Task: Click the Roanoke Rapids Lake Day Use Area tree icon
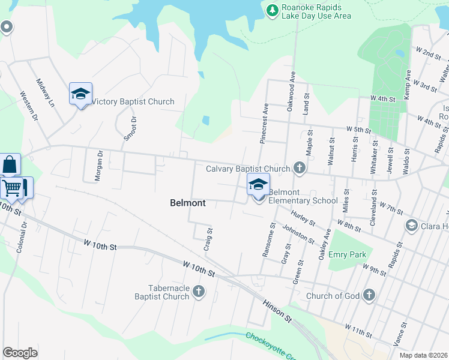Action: (x=272, y=10)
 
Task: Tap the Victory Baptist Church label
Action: (x=133, y=102)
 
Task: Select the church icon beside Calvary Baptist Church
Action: (x=299, y=169)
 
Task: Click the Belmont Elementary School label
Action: (x=303, y=196)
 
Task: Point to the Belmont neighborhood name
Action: (x=188, y=203)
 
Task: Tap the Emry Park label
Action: (x=347, y=254)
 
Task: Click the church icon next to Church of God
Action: (x=369, y=295)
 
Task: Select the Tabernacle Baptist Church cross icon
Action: (x=199, y=292)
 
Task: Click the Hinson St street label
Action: (x=277, y=310)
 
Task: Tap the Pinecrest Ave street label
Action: (x=264, y=124)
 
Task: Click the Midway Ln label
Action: (x=45, y=93)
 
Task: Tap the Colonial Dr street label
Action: (x=22, y=237)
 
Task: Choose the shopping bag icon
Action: (x=10, y=164)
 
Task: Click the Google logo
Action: (x=20, y=353)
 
